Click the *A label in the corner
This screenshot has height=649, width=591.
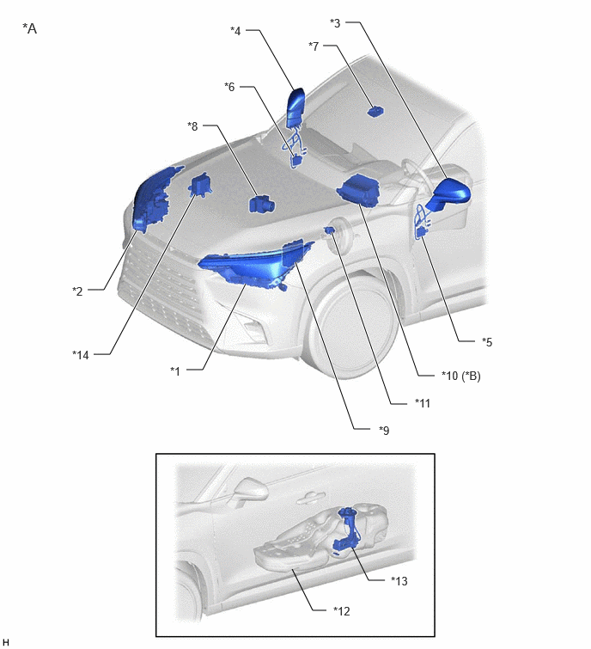coord(30,28)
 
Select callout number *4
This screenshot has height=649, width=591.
coord(235,31)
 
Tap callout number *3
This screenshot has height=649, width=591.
coord(335,22)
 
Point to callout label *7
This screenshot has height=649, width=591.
coord(314,46)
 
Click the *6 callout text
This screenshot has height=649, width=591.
coord(229,87)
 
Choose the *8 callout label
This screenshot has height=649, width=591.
coord(192,126)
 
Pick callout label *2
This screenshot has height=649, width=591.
coord(78,291)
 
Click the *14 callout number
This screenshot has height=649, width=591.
coord(81,355)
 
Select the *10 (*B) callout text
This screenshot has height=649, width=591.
coord(461,376)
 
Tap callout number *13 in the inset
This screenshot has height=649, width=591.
coord(399,581)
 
